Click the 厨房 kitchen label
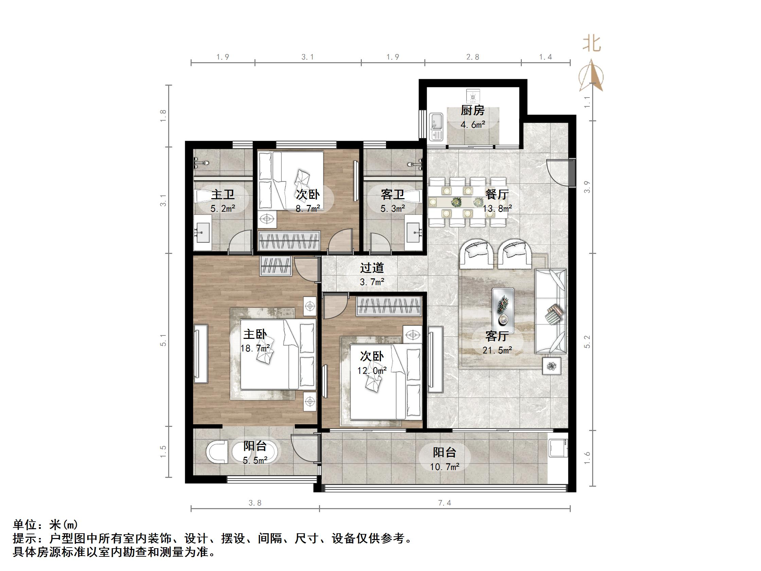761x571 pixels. (473, 110)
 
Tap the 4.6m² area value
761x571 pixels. (473, 125)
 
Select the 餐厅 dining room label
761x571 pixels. (497, 194)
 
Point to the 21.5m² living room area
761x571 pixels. (497, 350)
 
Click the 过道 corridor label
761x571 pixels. (372, 268)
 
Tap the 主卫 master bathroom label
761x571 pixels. (223, 194)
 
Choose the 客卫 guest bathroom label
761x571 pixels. (392, 194)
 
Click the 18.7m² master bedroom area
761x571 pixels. (255, 348)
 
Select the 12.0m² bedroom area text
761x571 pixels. (372, 371)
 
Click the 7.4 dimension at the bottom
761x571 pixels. (444, 503)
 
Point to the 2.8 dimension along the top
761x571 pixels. (473, 57)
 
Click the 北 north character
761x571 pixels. (591, 44)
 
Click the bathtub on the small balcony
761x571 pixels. (254, 452)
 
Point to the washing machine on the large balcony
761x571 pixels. (558, 447)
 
